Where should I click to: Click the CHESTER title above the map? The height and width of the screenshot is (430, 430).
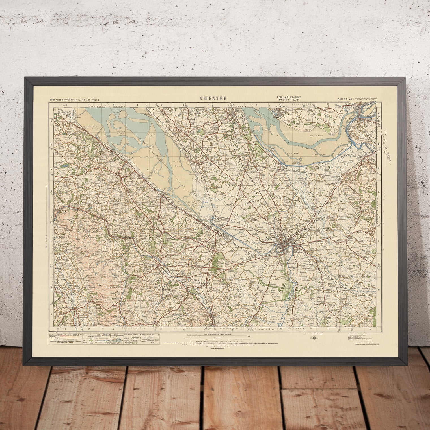click(x=213, y=98)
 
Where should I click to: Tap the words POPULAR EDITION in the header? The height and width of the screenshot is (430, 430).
click(x=289, y=97)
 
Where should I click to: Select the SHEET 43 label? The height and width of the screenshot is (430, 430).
click(x=345, y=99)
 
